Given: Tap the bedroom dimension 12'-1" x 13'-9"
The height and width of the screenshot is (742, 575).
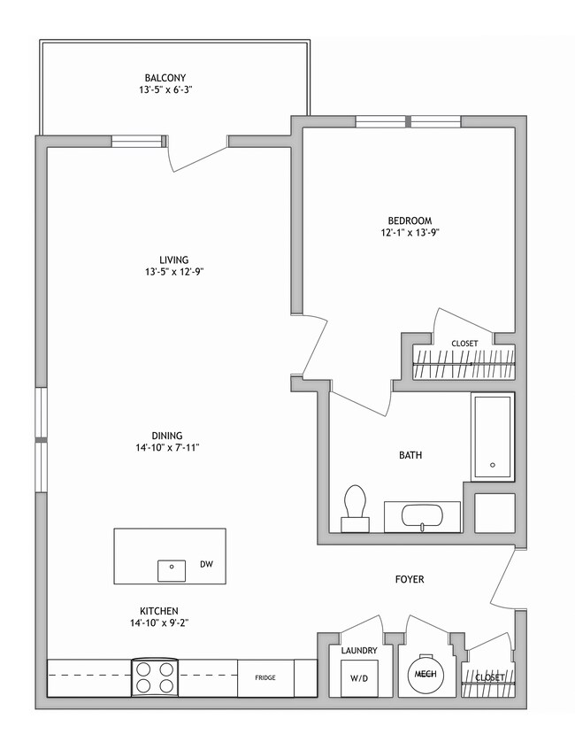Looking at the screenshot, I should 409,233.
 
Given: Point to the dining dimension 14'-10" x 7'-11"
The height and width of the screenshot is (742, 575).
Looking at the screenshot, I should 166,448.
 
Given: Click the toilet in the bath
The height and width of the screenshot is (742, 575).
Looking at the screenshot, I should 355,507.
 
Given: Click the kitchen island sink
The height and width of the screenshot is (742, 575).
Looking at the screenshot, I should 172,570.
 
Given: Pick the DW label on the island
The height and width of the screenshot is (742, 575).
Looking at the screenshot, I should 206,563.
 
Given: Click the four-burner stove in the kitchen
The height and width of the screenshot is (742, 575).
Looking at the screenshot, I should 155,678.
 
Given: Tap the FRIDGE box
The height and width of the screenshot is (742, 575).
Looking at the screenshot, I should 265,678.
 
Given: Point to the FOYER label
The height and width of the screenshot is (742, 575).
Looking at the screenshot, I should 410,580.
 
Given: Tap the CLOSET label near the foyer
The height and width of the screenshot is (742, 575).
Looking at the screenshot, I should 489,677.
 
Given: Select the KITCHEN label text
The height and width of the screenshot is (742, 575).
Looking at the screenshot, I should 160,611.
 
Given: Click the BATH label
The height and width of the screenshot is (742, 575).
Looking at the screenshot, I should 410,455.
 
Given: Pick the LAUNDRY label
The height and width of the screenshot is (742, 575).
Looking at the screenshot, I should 359,651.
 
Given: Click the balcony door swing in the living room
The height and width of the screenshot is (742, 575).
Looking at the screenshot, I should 190,155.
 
